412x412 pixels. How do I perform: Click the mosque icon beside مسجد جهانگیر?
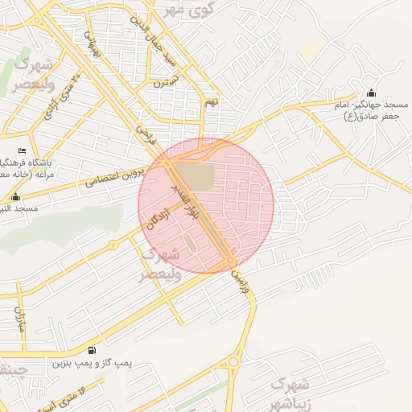pos(370,93)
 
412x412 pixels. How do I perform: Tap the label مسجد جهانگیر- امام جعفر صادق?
pos(370,111)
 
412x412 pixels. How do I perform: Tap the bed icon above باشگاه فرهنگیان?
pos(22,151)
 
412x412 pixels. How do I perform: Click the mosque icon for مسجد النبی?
pos(15,196)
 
